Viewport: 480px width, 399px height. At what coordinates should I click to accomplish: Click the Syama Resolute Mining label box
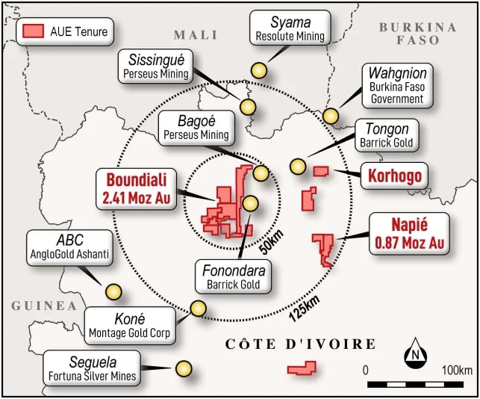tap(290, 27)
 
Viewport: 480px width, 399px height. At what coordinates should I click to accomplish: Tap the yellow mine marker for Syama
tap(259, 70)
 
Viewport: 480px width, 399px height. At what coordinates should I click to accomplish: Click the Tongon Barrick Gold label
tap(385, 135)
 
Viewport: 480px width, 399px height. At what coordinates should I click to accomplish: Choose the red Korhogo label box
tap(394, 176)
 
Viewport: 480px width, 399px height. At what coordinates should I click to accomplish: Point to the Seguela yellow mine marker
tap(183, 368)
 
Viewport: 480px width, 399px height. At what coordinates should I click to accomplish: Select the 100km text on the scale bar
tap(457, 371)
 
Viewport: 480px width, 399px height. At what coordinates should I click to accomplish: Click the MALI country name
tap(195, 34)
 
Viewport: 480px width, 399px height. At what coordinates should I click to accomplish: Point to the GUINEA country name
tap(44, 306)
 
